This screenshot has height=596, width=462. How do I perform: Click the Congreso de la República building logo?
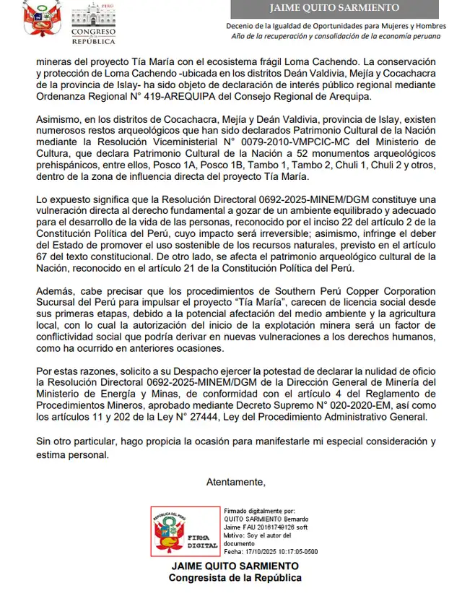(x=92, y=23)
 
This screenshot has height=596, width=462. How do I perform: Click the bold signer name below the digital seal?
(x=235, y=566)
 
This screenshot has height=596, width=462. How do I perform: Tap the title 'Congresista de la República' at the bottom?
(x=235, y=578)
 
